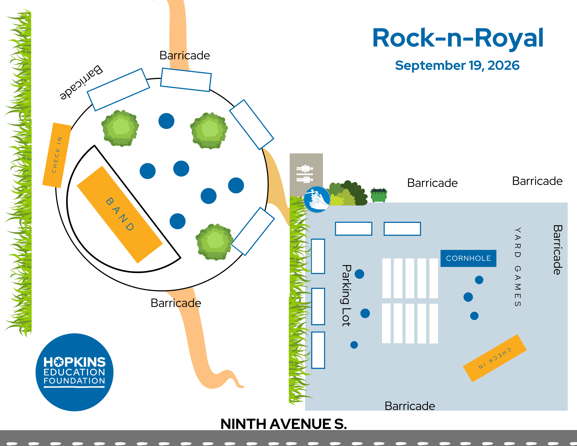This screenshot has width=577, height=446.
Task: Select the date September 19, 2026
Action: (x=457, y=65)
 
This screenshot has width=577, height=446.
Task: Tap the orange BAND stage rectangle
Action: (x=120, y=214)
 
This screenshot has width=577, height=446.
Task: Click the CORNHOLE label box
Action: (x=468, y=258)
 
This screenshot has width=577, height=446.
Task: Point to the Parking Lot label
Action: (x=346, y=295)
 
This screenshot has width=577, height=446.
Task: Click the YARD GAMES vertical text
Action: (x=518, y=267)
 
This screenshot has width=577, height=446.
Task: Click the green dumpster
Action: (x=379, y=195)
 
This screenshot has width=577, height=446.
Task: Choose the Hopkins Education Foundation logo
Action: (x=75, y=372)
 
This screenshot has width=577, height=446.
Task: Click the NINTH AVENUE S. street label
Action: (x=284, y=424)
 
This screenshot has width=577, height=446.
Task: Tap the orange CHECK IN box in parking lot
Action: (x=495, y=358)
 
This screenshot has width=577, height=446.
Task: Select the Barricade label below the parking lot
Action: (x=410, y=406)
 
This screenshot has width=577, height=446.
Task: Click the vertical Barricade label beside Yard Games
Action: (x=557, y=250)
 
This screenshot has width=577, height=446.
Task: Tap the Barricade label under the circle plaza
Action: (x=176, y=303)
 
